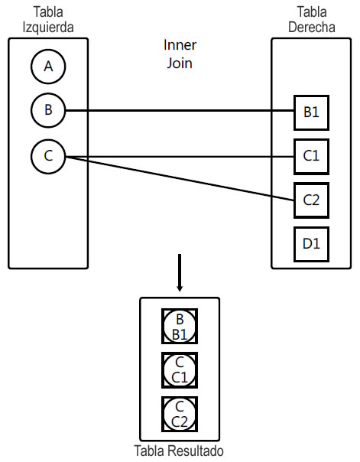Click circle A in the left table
(48, 67)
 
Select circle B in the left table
(48, 111)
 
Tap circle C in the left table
(48, 157)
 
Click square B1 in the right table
(311, 112)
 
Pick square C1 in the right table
(311, 157)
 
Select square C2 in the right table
(311, 201)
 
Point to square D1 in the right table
(311, 244)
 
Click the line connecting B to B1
(180, 112)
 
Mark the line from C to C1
(180, 158)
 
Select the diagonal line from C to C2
(180, 178)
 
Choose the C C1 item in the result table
(180, 370)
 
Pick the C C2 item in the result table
(180, 414)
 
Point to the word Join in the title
(180, 62)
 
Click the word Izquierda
(48, 26)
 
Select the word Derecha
(311, 26)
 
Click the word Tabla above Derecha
(311, 11)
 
